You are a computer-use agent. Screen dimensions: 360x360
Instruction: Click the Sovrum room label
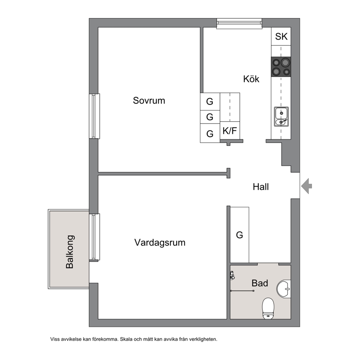(x=149, y=101)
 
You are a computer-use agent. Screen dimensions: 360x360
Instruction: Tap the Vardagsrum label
(x=160, y=243)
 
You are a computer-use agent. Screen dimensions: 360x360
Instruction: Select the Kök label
(x=251, y=79)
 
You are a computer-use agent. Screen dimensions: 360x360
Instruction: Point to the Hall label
(x=261, y=187)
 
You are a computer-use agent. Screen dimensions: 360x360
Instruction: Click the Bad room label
(x=260, y=283)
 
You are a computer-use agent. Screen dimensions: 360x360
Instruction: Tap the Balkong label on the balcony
(x=70, y=251)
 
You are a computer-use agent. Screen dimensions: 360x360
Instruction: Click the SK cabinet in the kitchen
(x=281, y=37)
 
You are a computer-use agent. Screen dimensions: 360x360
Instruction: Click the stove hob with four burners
(x=281, y=67)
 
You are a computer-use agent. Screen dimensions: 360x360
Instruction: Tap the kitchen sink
(x=281, y=116)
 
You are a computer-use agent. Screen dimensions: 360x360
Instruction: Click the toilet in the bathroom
(x=268, y=308)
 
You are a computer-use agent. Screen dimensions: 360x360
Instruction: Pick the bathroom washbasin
(x=284, y=289)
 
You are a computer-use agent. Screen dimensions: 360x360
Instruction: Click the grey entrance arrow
(x=307, y=186)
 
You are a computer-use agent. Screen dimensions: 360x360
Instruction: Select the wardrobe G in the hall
(x=240, y=235)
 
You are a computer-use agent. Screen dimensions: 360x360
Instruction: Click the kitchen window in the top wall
(x=239, y=24)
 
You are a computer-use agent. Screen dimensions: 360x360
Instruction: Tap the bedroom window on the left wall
(x=94, y=116)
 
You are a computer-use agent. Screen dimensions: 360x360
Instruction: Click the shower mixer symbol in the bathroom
(x=232, y=275)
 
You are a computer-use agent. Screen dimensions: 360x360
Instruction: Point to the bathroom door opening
(x=268, y=264)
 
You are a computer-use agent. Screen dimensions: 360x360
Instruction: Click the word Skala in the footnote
(x=126, y=339)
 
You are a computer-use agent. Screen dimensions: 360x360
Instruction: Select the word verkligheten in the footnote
(x=203, y=339)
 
